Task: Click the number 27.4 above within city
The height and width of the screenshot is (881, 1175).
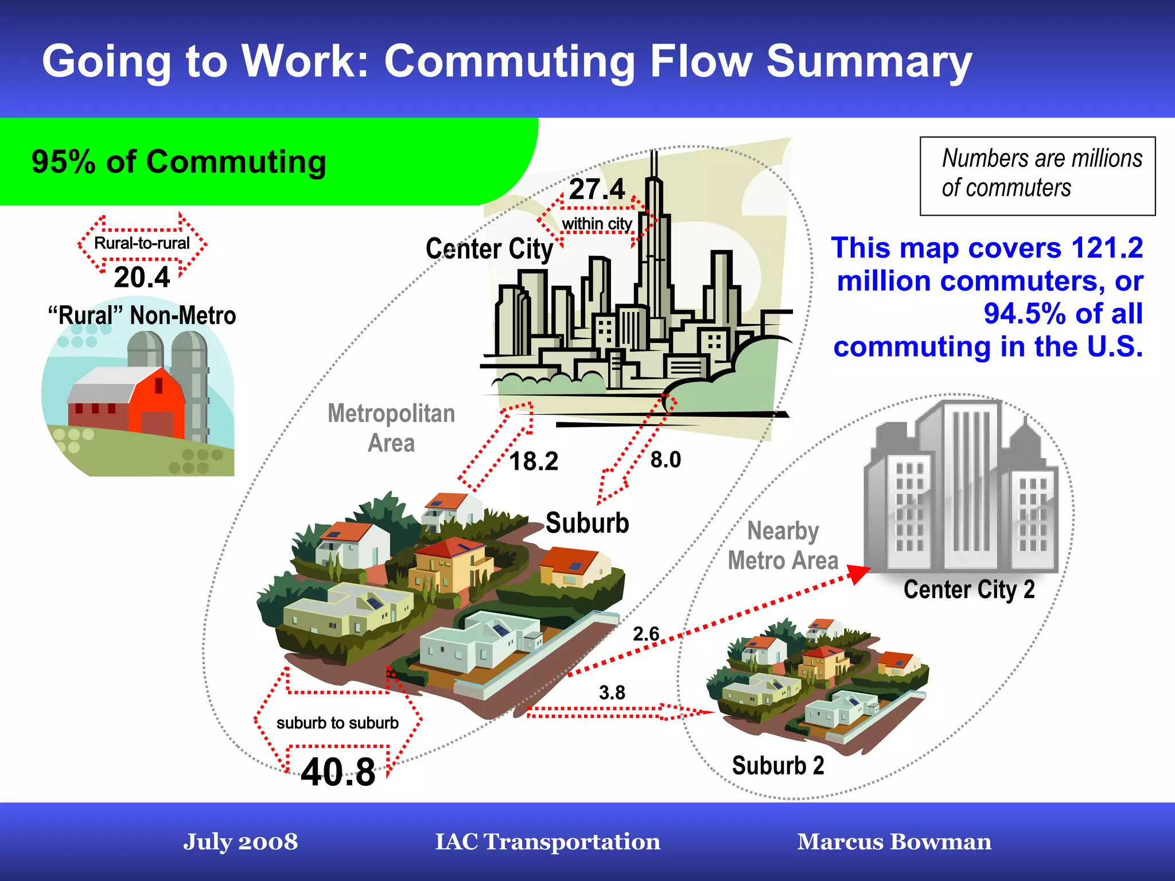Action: pos(597,189)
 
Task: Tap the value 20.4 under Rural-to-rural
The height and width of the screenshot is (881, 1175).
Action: pos(142,278)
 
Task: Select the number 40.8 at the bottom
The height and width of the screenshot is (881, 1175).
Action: pos(338,772)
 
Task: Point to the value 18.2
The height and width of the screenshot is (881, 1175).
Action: pos(534,461)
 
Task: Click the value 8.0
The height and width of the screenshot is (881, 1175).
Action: pos(666,459)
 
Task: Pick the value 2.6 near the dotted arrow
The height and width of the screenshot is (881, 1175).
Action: pos(646,634)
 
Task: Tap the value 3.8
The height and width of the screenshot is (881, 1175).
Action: pos(612,692)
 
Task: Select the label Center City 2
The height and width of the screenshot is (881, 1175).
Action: pos(969,590)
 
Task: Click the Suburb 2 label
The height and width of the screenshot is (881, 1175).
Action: pos(778,766)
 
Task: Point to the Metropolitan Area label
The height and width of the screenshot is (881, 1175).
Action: pos(391,428)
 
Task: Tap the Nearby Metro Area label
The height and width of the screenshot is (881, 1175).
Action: pos(783,545)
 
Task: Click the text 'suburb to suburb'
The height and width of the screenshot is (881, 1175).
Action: pos(337,723)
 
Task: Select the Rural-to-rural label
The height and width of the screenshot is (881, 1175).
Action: pos(142,243)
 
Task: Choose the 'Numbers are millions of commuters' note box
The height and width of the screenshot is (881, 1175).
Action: pos(1037,176)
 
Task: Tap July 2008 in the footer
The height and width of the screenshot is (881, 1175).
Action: pos(240,841)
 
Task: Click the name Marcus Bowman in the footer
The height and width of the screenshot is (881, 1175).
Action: pos(894,841)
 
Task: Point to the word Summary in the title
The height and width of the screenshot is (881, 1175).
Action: pos(869,61)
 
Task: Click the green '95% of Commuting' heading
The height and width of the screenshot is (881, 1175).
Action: pos(179,162)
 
